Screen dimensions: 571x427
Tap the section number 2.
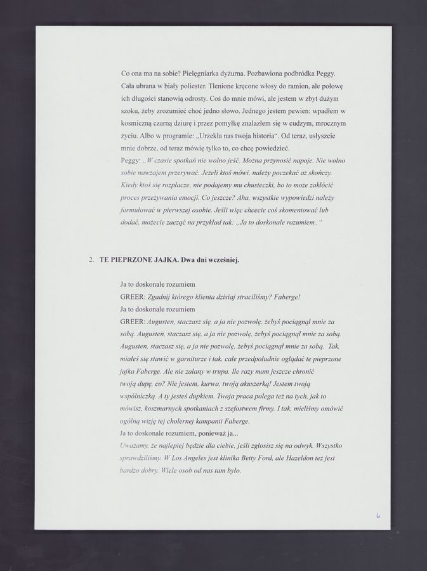[91, 259]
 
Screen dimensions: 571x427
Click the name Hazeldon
[298, 458]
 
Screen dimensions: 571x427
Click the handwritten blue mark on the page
[378, 516]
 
